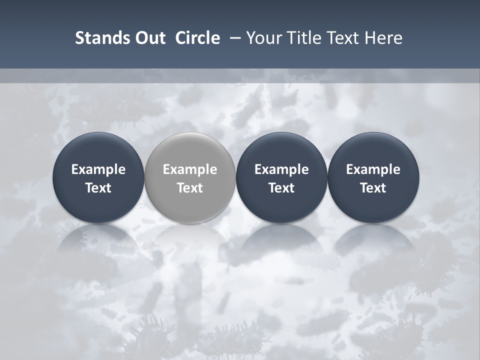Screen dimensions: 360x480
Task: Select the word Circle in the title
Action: (x=197, y=38)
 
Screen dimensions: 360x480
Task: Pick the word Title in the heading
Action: (x=304, y=38)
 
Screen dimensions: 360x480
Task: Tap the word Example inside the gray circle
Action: (x=190, y=169)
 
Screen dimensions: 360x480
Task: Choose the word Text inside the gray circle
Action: (x=190, y=188)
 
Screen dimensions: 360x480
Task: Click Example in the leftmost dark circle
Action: (x=98, y=169)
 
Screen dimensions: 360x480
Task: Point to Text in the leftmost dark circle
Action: (x=98, y=188)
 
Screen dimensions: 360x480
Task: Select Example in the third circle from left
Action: (x=281, y=169)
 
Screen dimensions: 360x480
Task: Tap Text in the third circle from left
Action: (x=281, y=188)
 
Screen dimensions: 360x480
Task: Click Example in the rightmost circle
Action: (x=373, y=169)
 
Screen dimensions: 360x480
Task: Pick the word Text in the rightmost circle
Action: (x=373, y=188)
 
